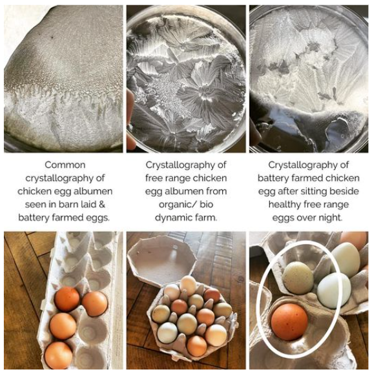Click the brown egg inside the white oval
tap(289, 321)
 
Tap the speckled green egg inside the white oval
tap(298, 277)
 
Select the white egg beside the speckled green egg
tap(333, 290)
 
